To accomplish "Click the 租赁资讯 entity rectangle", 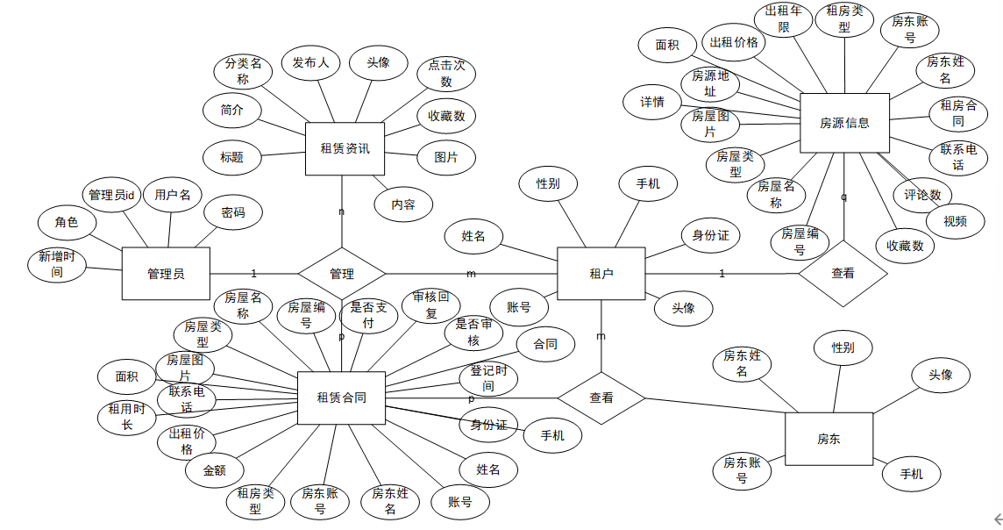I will [345, 148].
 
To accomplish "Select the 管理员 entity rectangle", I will [166, 274].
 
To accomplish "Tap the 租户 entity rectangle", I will [601, 274].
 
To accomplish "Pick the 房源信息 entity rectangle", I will [844, 123].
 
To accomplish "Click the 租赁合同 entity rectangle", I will [341, 397].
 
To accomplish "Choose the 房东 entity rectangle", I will [829, 438].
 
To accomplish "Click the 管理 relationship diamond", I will [342, 274].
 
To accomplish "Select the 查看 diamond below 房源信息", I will [843, 273].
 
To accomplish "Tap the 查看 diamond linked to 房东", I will [601, 397].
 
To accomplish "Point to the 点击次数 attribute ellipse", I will [446, 74].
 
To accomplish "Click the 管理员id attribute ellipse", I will [111, 195].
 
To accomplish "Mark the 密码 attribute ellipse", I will [233, 212].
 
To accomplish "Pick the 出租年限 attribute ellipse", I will [784, 19].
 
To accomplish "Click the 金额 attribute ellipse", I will [214, 470].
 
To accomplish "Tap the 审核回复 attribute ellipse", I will [430, 305].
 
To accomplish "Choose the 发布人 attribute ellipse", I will [310, 62].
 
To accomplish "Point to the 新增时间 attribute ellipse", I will [57, 264].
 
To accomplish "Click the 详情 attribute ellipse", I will [652, 102].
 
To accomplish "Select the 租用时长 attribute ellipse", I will [126, 417].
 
